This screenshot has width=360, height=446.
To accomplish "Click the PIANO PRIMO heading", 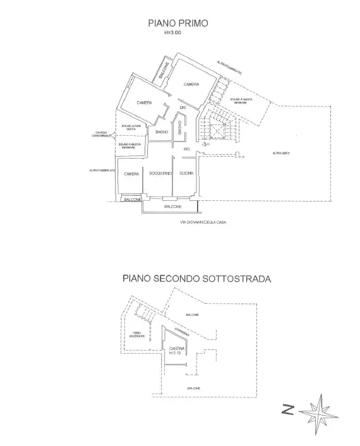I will pos(177,23).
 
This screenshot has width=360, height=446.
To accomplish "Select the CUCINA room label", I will pos(186,174).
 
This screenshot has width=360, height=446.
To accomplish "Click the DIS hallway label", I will pos(183,108).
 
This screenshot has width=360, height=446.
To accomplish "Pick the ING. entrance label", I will pos(187,148).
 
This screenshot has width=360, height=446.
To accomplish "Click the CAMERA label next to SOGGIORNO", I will pos(131,174).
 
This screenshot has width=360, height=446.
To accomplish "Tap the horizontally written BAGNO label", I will pos(162,131).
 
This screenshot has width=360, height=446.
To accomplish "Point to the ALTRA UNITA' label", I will pos(281,153).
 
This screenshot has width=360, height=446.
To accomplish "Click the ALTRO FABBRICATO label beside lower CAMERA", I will pos(102,171).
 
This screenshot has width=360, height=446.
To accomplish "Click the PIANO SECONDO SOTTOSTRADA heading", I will pos(196,278).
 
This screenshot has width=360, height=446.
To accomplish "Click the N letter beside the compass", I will pos(287,411).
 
